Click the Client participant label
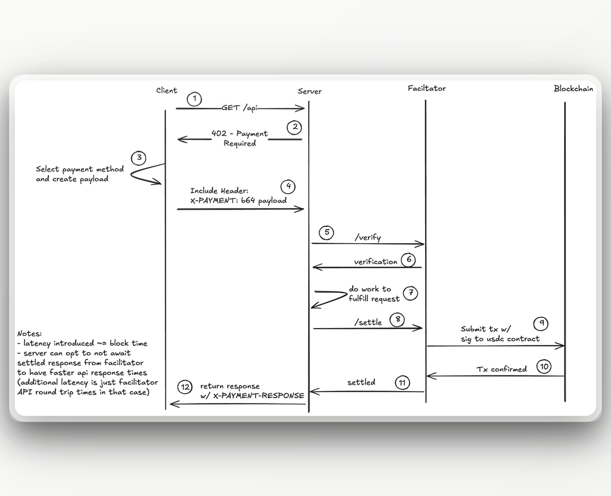click(x=166, y=91)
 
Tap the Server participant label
click(x=310, y=92)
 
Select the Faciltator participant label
click(x=427, y=88)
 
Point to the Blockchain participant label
click(x=573, y=89)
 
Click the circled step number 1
click(x=194, y=99)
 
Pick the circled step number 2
click(x=294, y=127)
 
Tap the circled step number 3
click(x=138, y=158)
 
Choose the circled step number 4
click(x=288, y=186)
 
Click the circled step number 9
click(x=541, y=323)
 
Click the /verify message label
click(x=368, y=237)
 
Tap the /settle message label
click(x=368, y=322)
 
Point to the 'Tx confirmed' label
click(x=502, y=369)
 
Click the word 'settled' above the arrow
click(x=361, y=382)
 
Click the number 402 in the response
click(x=219, y=134)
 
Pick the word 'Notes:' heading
click(x=30, y=334)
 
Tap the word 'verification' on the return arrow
click(x=376, y=261)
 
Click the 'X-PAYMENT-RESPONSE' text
click(x=259, y=395)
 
